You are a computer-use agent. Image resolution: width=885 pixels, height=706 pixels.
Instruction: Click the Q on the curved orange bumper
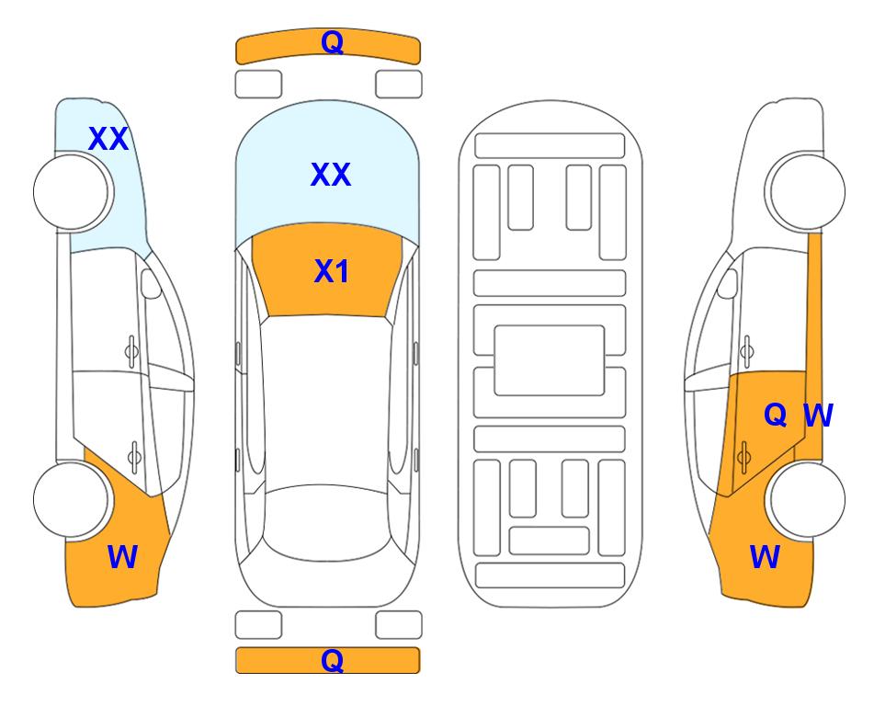(x=332, y=42)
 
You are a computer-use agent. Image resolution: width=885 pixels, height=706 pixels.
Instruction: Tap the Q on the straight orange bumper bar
(x=332, y=660)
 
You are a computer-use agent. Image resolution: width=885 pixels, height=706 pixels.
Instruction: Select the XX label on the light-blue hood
(x=331, y=174)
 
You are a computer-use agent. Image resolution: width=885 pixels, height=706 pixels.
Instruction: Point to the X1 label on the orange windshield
(x=332, y=271)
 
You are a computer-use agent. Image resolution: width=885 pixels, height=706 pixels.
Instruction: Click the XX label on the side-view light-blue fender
(x=108, y=139)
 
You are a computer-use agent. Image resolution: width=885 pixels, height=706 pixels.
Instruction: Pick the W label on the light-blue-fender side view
(x=122, y=557)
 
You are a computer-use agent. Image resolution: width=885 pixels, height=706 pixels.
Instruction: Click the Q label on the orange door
(x=776, y=416)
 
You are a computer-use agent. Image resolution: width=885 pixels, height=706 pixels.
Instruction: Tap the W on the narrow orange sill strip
(x=818, y=416)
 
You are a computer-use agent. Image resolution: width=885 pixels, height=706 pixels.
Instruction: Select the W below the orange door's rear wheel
(x=765, y=557)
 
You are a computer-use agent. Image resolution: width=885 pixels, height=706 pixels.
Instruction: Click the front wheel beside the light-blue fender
(x=71, y=192)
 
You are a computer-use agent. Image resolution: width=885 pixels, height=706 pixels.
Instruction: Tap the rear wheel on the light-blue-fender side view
(x=71, y=499)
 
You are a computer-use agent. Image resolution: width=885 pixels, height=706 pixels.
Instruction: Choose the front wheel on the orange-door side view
(x=807, y=192)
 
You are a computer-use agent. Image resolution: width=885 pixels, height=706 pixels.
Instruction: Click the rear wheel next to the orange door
(x=807, y=499)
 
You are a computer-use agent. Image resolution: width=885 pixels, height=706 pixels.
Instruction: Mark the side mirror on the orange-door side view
(x=727, y=283)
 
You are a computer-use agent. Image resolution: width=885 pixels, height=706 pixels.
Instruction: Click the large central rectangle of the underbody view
(x=550, y=360)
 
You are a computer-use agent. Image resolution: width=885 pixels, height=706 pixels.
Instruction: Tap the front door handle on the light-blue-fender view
(x=131, y=352)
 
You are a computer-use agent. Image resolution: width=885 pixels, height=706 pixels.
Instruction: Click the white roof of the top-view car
(x=325, y=401)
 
